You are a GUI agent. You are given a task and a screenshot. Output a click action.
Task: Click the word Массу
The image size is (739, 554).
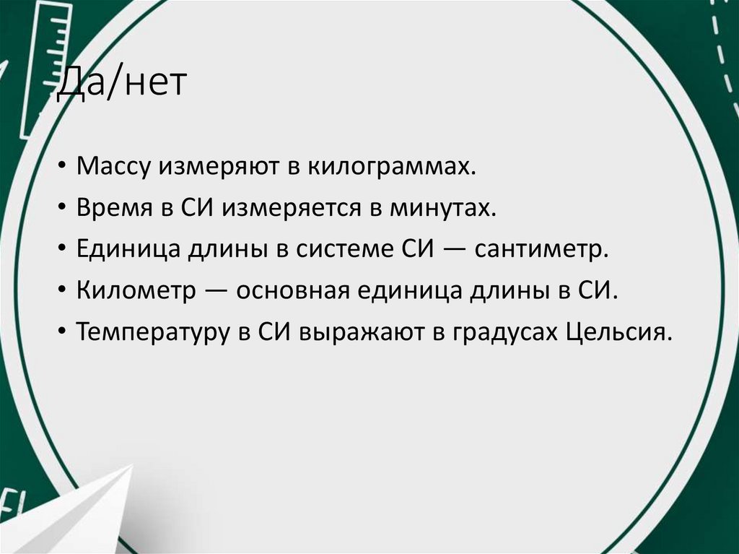pos(113,168)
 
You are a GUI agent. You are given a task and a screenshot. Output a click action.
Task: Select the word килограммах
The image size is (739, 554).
pos(393,168)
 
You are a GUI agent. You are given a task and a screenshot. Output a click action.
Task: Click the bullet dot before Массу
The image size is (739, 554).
pos(64,168)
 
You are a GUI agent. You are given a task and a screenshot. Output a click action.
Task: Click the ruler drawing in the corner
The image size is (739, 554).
pos(45,65)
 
